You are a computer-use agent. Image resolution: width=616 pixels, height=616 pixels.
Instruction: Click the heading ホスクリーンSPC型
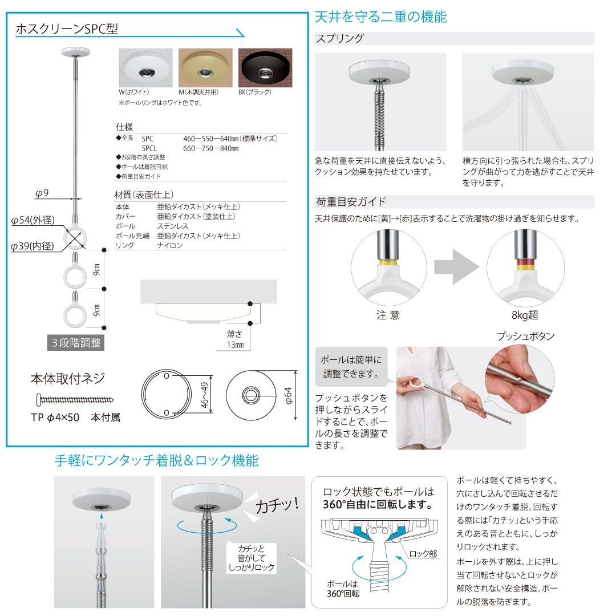[71, 29]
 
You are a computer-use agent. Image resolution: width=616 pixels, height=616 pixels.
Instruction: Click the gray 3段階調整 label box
[76, 343]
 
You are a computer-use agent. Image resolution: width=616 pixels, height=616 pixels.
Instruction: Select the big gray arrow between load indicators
[456, 266]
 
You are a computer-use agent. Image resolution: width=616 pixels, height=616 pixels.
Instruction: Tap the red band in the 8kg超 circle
[525, 264]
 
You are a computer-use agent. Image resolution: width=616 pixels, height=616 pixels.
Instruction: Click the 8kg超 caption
[525, 315]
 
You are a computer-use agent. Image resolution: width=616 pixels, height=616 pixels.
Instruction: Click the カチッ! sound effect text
[277, 505]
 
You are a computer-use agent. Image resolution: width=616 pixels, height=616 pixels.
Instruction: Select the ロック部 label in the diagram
[423, 553]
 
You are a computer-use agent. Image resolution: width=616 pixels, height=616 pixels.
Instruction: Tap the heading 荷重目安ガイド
[351, 201]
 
